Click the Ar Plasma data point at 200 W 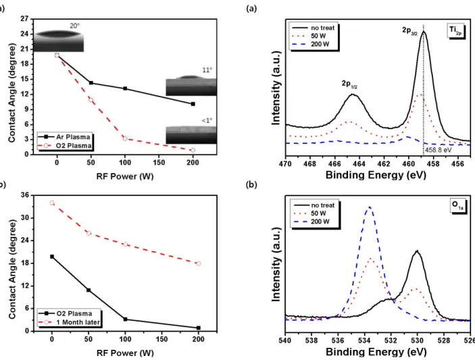(x=193, y=104)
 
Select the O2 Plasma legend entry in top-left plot (x=64, y=146)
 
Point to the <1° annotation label (x=207, y=120)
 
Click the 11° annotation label (x=207, y=70)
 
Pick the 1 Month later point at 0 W (x=52, y=203)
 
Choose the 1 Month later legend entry (x=69, y=322)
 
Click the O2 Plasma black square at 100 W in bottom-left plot (x=126, y=319)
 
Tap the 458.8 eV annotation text (x=438, y=149)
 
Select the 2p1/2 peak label (x=349, y=84)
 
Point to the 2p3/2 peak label (x=409, y=31)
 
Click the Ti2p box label (x=455, y=30)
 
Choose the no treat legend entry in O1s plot (x=314, y=205)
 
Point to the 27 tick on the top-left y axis (x=25, y=19)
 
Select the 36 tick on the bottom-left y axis (x=25, y=195)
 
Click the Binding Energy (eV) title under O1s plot (x=376, y=352)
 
